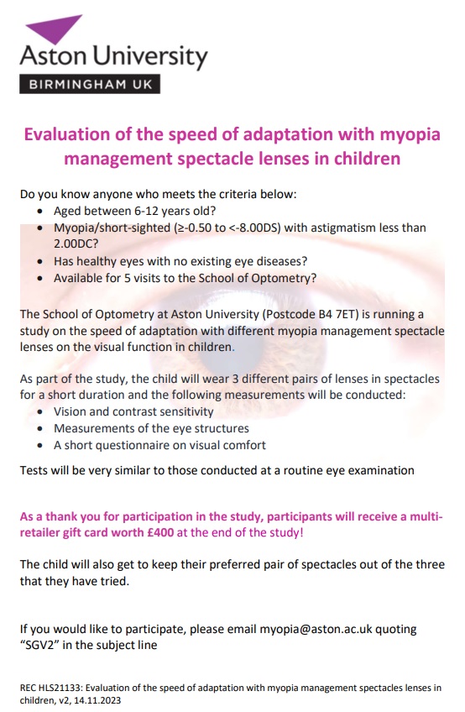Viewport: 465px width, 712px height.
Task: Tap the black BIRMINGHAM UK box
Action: coord(89,84)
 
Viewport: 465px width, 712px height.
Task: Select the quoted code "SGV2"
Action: coord(43,646)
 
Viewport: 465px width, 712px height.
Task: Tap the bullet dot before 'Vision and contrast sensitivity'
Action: coord(42,412)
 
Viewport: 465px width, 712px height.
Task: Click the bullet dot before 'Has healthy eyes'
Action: coord(42,261)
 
